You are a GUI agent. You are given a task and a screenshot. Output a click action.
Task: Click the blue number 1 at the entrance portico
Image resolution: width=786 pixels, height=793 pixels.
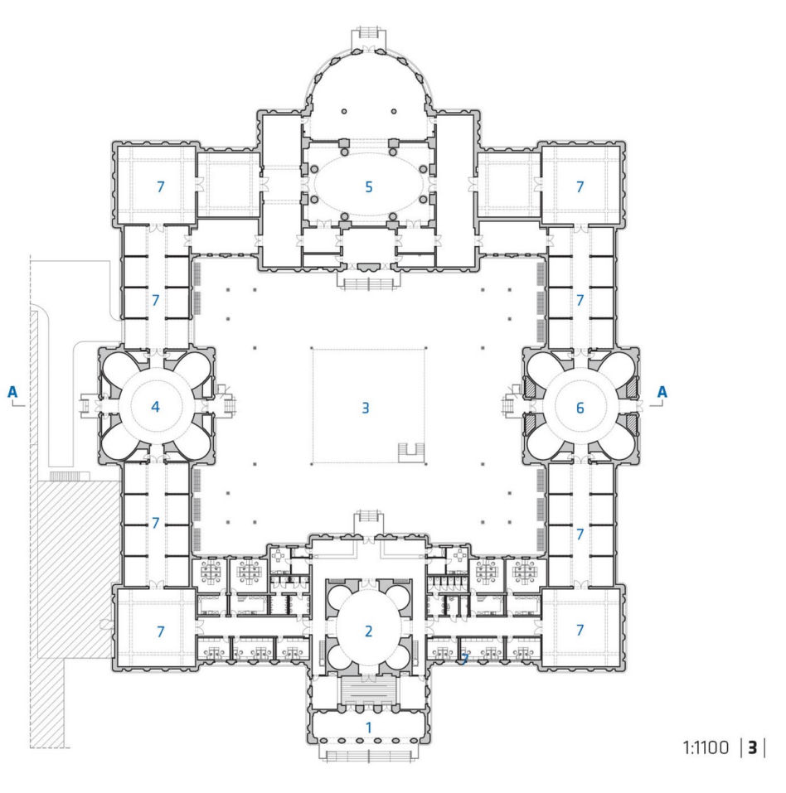point(369,728)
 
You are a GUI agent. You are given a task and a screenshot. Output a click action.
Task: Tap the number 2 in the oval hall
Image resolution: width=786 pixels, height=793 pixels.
point(368,631)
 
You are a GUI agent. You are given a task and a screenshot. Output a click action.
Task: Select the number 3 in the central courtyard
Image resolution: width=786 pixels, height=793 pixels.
point(366,408)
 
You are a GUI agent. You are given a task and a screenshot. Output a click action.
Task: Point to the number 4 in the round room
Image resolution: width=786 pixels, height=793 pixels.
point(155,407)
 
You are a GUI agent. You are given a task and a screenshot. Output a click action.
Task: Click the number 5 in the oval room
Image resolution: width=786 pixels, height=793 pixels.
point(369,187)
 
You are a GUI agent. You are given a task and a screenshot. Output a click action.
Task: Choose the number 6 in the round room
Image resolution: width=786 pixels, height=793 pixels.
point(580,408)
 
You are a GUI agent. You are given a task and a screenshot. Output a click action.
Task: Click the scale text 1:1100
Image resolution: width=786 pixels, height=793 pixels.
point(706,747)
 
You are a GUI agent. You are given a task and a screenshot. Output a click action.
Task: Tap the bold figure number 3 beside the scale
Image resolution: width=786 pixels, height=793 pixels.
point(753,747)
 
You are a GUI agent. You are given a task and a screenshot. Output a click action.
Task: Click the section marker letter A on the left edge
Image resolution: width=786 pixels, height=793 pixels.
point(12,392)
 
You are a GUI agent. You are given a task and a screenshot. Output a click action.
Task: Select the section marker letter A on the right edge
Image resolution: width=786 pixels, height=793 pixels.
point(662,392)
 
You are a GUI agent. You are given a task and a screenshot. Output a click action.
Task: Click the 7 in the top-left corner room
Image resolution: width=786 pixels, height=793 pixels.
point(161,187)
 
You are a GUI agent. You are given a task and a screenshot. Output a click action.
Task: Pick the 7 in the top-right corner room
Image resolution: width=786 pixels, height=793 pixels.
point(580,187)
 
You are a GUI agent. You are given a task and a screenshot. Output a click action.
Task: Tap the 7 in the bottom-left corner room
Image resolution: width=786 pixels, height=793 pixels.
point(161,631)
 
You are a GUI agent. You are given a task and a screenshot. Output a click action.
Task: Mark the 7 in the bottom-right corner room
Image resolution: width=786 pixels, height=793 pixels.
point(580,630)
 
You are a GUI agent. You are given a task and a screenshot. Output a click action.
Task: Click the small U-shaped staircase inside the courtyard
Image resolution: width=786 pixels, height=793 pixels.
point(411,452)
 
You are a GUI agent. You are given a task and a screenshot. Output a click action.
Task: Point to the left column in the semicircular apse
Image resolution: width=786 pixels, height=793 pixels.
point(344,111)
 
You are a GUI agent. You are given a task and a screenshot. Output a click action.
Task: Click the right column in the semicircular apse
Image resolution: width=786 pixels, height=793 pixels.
point(393,111)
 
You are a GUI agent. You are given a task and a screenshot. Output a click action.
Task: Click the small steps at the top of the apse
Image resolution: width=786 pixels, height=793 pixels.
point(368,31)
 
